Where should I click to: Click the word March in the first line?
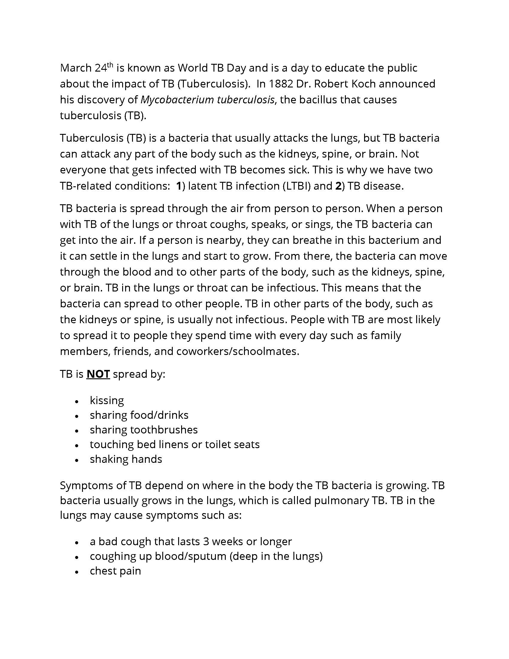pos(76,68)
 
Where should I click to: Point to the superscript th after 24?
pos(110,65)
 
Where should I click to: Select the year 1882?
pos(281,84)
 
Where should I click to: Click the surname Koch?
pos(364,84)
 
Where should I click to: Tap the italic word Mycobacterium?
pos(177,100)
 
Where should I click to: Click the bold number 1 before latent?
pos(179,186)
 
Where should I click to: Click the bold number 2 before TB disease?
pos(338,186)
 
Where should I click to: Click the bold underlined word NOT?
pos(98,374)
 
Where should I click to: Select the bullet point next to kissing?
pos(77,402)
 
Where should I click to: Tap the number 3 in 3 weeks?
pos(206,542)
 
